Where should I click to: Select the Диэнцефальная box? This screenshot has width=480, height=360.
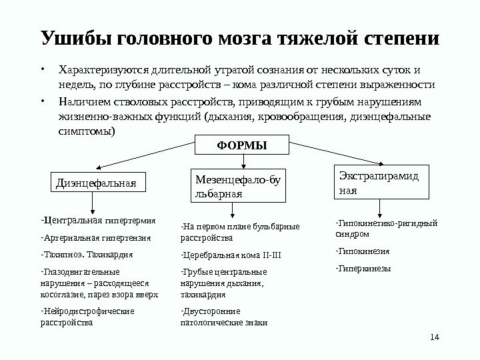click(x=99, y=181)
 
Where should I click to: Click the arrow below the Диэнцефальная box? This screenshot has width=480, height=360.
click(x=97, y=202)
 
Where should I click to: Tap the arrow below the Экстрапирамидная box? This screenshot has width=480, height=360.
click(x=380, y=207)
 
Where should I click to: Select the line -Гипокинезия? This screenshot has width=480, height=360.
click(x=363, y=252)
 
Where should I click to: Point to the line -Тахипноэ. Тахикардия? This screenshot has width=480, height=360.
click(x=87, y=255)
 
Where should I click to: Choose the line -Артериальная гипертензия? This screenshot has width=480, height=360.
click(x=96, y=237)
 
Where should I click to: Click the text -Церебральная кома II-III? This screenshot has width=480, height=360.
click(x=231, y=255)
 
